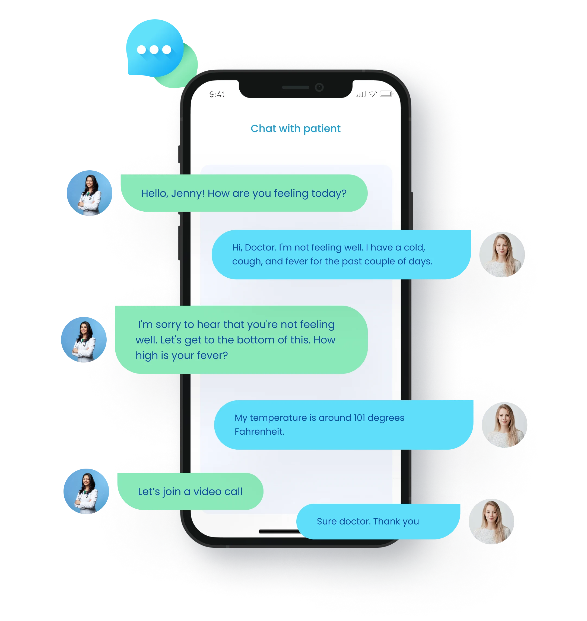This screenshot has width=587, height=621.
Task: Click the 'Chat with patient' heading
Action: tap(295, 129)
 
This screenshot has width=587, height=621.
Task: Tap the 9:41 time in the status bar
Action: tap(217, 94)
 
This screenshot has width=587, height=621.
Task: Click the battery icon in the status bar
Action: tap(386, 94)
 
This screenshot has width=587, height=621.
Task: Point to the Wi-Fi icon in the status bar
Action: tap(373, 94)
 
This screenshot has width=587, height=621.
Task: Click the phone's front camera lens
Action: tap(319, 87)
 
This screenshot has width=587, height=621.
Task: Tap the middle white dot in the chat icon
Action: tap(154, 49)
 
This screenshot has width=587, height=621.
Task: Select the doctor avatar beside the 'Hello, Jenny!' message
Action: tap(89, 193)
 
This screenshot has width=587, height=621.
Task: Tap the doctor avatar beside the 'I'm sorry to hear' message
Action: tap(84, 339)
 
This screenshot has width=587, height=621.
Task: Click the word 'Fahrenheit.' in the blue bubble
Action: tap(259, 432)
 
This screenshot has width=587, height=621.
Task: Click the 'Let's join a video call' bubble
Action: tap(190, 492)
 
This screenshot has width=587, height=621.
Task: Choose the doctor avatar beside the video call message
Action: tap(86, 491)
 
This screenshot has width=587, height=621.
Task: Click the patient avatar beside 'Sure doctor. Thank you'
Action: tap(491, 521)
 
